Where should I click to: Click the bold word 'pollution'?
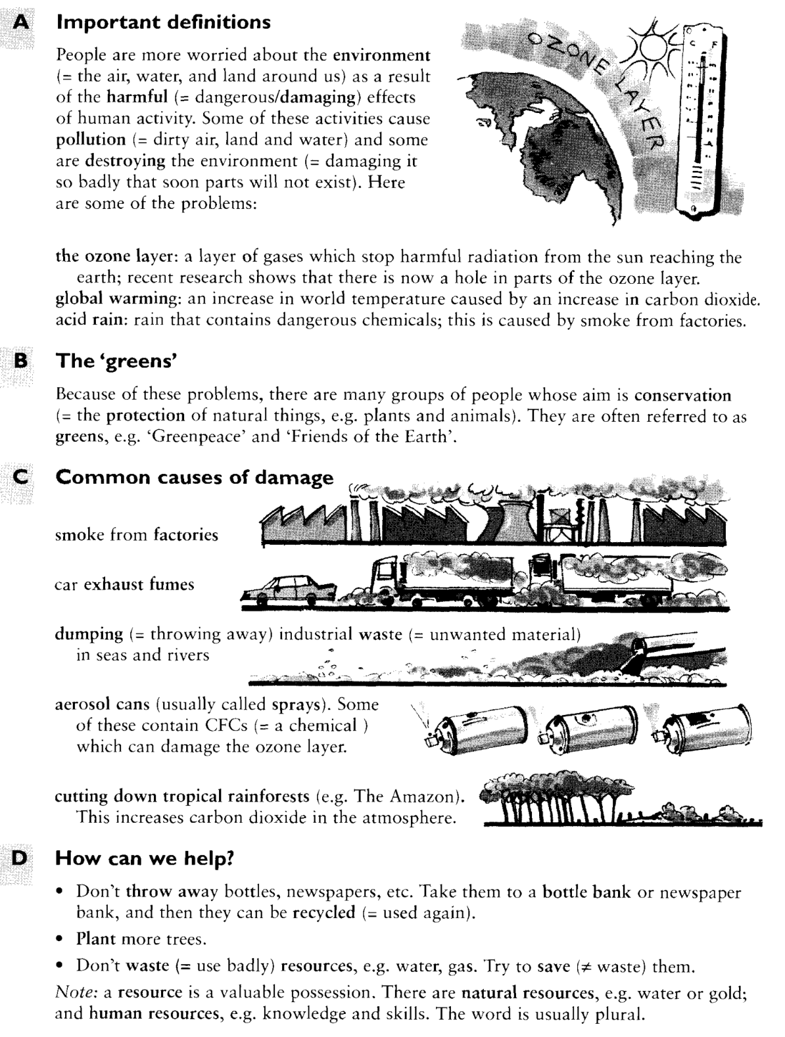(90, 140)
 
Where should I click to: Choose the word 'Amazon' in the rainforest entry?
(421, 796)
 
